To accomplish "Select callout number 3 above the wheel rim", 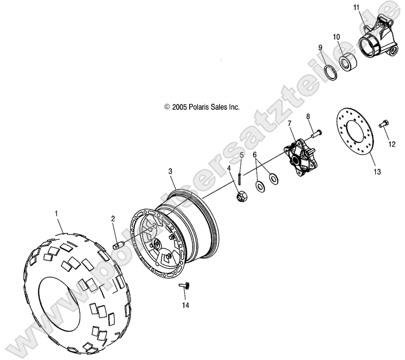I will [x=170, y=171].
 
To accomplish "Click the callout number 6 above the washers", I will [x=255, y=155].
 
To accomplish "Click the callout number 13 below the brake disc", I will [x=377, y=172].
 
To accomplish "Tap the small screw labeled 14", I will [x=185, y=287].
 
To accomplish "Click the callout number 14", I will [x=185, y=305].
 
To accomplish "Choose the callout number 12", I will [x=392, y=144].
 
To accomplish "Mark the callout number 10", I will [x=336, y=36].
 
